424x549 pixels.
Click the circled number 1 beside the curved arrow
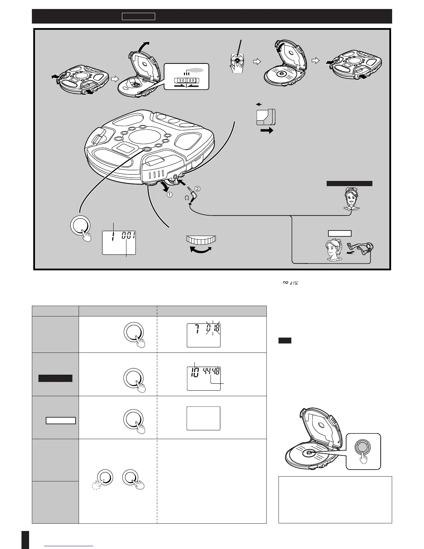click(x=170, y=195)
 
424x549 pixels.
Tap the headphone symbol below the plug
click(x=187, y=198)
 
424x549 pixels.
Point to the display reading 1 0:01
click(x=119, y=242)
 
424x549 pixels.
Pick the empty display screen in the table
click(x=204, y=418)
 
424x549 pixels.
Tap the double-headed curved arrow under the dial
click(x=201, y=252)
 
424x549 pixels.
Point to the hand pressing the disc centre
click(x=237, y=63)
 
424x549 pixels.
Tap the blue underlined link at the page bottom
click(x=69, y=546)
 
